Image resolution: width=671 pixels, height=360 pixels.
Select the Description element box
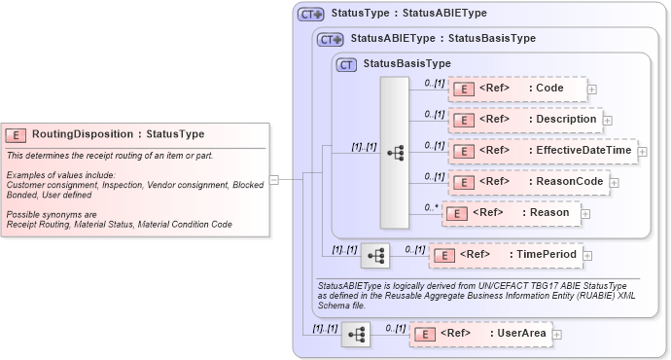pyautogui.click(x=524, y=120)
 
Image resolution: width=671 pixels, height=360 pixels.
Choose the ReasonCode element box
pyautogui.click(x=530, y=181)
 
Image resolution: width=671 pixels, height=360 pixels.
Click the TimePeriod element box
pyautogui.click(x=505, y=255)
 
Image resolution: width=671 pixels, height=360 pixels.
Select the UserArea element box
pyautogui.click(x=479, y=334)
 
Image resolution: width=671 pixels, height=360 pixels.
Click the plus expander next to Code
pyautogui.click(x=592, y=90)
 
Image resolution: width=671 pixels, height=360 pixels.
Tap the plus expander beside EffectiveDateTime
pyautogui.click(x=642, y=151)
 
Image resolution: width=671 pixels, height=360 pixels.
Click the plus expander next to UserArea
pyautogui.click(x=557, y=335)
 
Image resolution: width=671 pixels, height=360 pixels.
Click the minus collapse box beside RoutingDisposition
pyautogui.click(x=274, y=179)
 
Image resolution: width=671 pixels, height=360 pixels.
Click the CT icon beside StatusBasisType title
pyautogui.click(x=346, y=64)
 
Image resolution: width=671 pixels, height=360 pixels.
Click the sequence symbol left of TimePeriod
pyautogui.click(x=374, y=256)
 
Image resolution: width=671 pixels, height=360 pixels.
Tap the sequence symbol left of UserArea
pyautogui.click(x=356, y=335)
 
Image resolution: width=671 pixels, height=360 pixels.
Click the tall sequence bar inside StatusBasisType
pyautogui.click(x=395, y=152)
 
